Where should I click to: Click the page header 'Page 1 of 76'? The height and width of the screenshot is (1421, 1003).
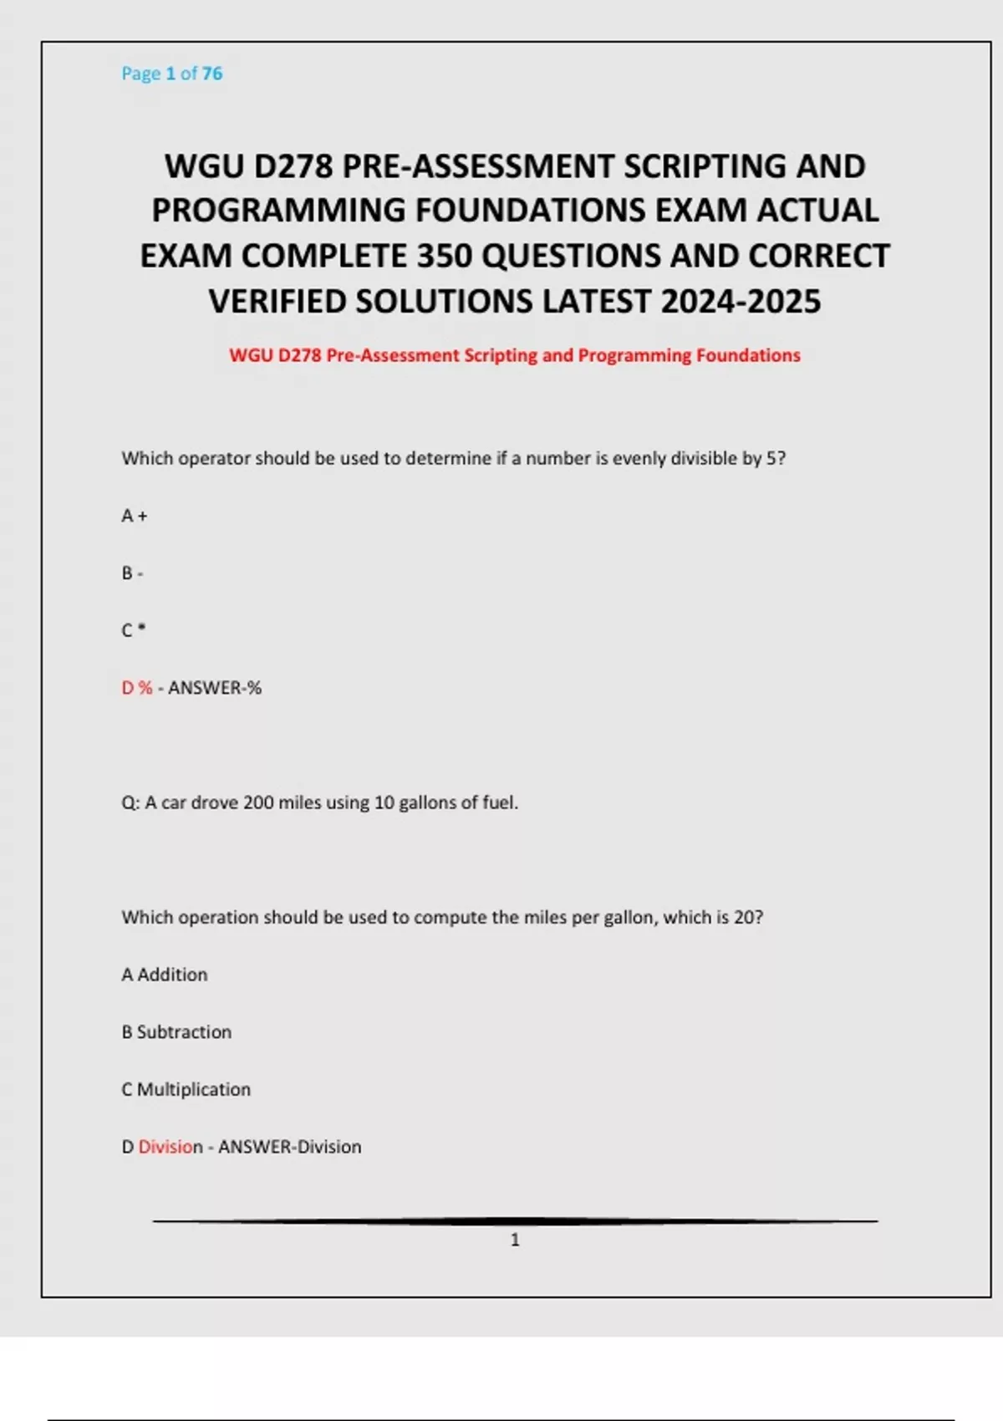click(x=171, y=74)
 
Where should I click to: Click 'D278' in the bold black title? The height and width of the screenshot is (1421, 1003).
click(x=293, y=166)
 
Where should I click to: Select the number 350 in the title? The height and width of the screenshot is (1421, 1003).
click(x=445, y=256)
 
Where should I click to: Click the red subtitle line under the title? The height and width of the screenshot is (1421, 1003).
click(x=515, y=355)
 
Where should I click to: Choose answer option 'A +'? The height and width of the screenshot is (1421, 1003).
click(x=134, y=516)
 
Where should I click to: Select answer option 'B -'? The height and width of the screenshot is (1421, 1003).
click(x=132, y=573)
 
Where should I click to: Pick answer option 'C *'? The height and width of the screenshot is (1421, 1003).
click(x=133, y=630)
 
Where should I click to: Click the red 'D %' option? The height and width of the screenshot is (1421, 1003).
click(x=137, y=688)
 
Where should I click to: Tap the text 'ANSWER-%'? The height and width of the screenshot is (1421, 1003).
click(x=215, y=688)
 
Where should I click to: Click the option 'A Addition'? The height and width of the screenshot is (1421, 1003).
click(x=165, y=975)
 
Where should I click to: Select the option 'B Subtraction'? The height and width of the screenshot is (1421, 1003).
click(x=176, y=1032)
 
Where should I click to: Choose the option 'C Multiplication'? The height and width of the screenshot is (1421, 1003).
click(x=186, y=1089)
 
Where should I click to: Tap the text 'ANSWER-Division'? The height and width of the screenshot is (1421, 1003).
click(x=290, y=1147)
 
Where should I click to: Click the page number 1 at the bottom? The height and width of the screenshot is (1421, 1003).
click(x=515, y=1240)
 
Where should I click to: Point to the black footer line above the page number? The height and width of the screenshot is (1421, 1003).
click(x=515, y=1221)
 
